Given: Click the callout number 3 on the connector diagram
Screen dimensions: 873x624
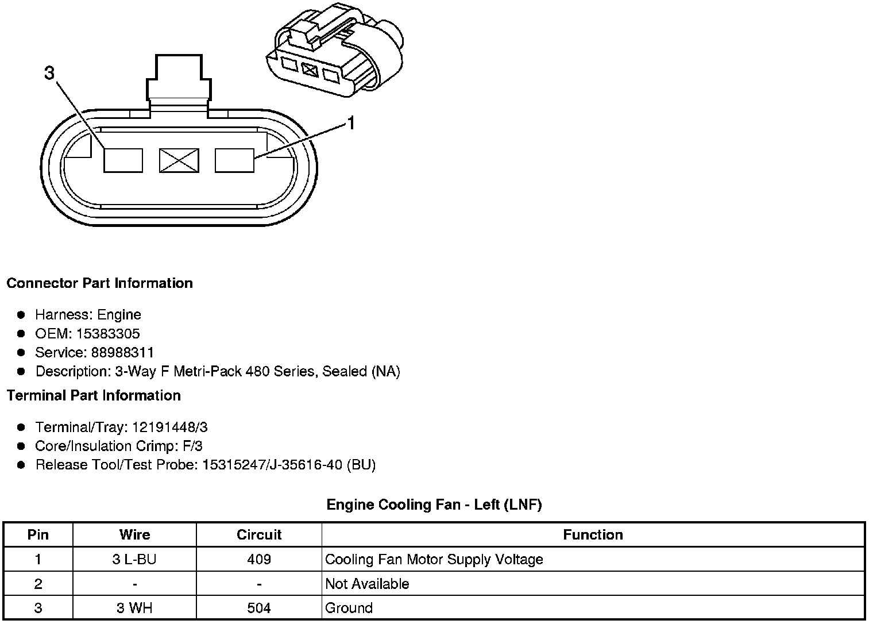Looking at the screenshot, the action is tap(49, 73).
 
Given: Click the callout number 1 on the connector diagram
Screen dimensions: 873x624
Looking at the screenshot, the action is tap(350, 123).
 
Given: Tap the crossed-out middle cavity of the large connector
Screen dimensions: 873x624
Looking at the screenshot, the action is tap(179, 160).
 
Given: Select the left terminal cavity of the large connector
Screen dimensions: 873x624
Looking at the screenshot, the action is tap(123, 160).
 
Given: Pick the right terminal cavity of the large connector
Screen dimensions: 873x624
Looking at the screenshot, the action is tap(234, 160).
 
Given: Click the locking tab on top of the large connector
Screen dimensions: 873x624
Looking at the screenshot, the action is tap(179, 79).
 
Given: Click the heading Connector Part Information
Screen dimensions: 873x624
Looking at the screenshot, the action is tap(99, 283).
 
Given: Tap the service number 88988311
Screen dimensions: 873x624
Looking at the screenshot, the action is tap(122, 352).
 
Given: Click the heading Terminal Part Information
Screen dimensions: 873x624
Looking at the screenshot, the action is tap(94, 395).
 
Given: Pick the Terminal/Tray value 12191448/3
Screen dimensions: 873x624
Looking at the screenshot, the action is tap(169, 427).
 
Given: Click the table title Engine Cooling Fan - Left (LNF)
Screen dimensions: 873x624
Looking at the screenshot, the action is tap(434, 504).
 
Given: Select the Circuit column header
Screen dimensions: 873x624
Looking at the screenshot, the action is tap(259, 535).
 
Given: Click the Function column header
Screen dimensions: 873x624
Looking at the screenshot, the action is tap(593, 535).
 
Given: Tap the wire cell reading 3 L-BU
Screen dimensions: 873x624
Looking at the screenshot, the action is tap(134, 559).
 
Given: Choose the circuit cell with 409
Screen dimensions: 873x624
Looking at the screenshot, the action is tap(259, 559).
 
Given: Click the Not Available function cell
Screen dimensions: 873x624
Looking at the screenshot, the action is tap(367, 584).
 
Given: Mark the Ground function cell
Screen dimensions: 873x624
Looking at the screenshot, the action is tap(349, 608).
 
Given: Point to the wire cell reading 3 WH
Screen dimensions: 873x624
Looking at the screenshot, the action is tap(134, 608).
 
